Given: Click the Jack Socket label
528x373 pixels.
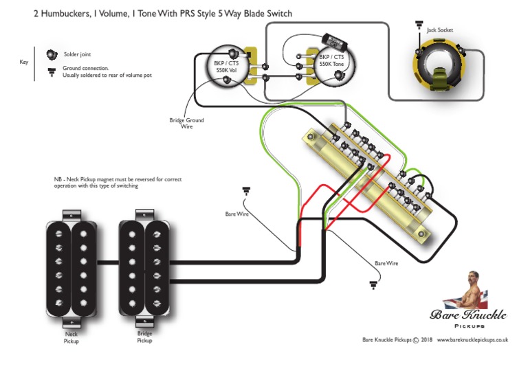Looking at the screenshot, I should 439,30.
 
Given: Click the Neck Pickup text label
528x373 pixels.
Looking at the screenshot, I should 71,337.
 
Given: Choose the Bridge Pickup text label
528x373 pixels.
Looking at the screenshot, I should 144,337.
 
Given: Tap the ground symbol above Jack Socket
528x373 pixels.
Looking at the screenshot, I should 418,25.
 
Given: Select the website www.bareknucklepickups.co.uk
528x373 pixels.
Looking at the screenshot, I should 472,339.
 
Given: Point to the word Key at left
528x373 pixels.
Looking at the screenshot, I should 23,62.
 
